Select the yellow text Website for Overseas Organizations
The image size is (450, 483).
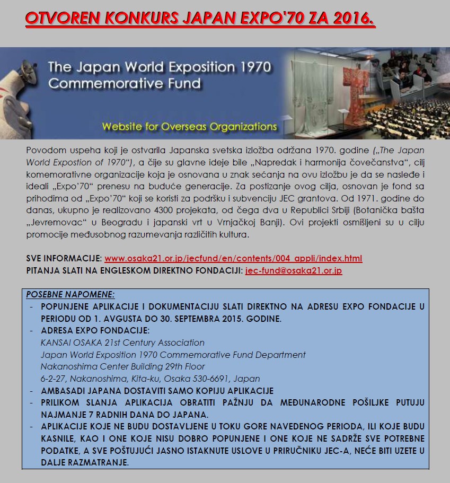[189, 127]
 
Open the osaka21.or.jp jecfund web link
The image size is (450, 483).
[233, 259]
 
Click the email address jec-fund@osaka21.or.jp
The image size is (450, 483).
[293, 270]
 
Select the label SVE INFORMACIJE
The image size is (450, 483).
[64, 259]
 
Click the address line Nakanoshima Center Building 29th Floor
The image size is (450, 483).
[122, 366]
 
